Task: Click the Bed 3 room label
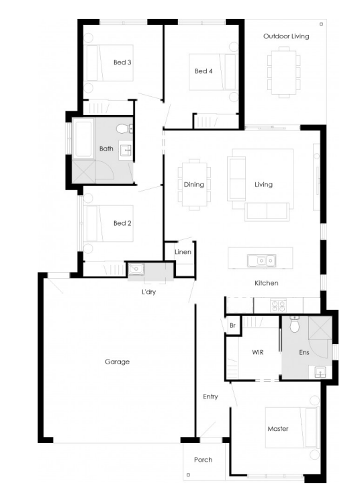pyautogui.click(x=122, y=63)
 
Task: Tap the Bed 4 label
pyautogui.click(x=204, y=71)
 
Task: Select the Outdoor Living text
pyautogui.click(x=286, y=36)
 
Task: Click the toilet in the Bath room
pyautogui.click(x=124, y=128)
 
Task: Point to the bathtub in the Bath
pyautogui.click(x=83, y=138)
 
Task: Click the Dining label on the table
pyautogui.click(x=193, y=185)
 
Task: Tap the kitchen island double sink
pyautogui.click(x=261, y=261)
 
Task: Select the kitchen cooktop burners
pyautogui.click(x=278, y=306)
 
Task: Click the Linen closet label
pyautogui.click(x=183, y=252)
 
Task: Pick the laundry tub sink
pyautogui.click(x=136, y=269)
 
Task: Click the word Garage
pyautogui.click(x=117, y=362)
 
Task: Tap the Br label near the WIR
pyautogui.click(x=232, y=325)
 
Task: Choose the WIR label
pyautogui.click(x=257, y=352)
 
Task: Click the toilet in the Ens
pyautogui.click(x=295, y=324)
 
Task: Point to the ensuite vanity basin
pyautogui.click(x=320, y=372)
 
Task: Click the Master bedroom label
pyautogui.click(x=278, y=429)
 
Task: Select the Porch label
pyautogui.click(x=204, y=460)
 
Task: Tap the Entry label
pyautogui.click(x=210, y=397)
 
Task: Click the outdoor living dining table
pyautogui.click(x=284, y=72)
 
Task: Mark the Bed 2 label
pyautogui.click(x=122, y=223)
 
